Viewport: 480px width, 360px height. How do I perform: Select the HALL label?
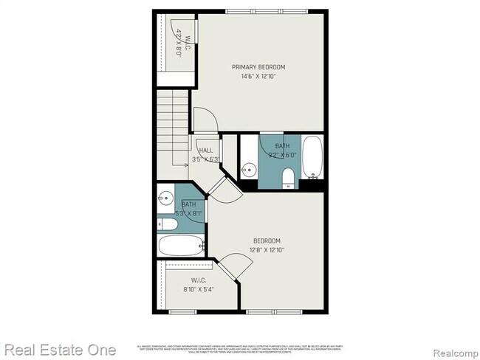206,150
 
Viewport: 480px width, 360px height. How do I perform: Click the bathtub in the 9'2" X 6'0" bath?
313,157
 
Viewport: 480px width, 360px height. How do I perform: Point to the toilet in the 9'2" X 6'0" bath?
289,175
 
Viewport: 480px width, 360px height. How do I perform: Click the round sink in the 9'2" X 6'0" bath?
249,168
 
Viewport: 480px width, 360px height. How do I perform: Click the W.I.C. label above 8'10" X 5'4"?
198,280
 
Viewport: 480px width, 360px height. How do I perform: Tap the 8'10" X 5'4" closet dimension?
197,290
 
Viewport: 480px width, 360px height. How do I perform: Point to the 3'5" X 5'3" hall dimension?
206,159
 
